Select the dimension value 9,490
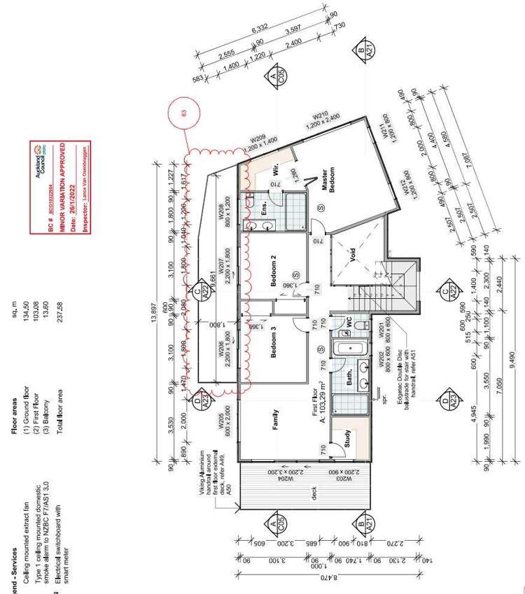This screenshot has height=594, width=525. point(512,357)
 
